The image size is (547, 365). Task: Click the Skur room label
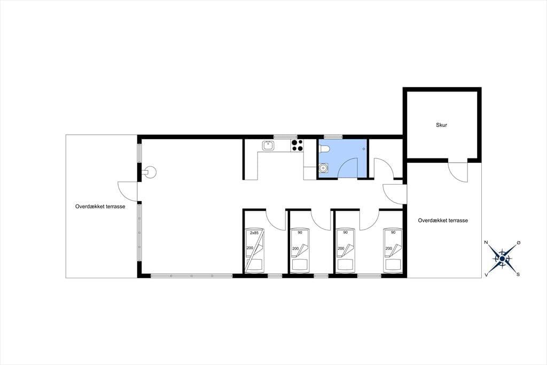pos(441,125)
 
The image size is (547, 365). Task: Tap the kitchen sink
pos(268,146)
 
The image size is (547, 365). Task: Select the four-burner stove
pos(297,146)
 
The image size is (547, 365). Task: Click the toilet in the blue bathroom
pos(324,149)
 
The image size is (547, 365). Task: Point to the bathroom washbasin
pos(323,168)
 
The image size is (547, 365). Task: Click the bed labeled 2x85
pos(254,250)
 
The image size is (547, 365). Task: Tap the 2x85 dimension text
pos(254,233)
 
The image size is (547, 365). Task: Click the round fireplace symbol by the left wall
pos(151,172)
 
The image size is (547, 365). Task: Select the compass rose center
pos(502,258)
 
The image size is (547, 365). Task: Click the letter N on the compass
pos(486,242)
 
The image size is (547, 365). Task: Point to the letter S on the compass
pos(518,275)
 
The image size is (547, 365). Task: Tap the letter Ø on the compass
pos(518,242)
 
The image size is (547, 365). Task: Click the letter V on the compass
pos(486,275)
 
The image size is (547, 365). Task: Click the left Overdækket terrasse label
pos(100,206)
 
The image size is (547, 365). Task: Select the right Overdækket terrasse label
pos(443,220)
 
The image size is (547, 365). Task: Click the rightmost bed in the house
pos(393,250)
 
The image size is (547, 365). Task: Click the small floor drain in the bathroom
pos(363,149)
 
